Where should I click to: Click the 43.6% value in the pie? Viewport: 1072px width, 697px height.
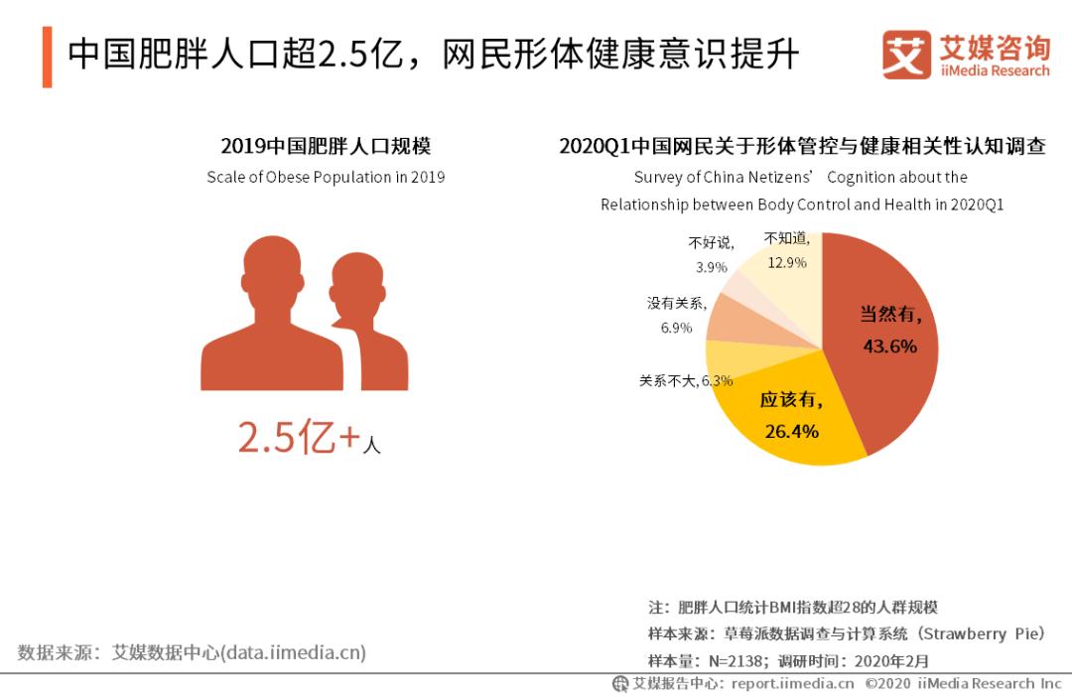coord(889,347)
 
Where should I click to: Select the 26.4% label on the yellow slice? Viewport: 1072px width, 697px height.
coord(791,431)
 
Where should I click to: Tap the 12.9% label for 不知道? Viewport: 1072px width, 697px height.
coord(786,263)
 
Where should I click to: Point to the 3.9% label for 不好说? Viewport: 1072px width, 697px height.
coord(711,267)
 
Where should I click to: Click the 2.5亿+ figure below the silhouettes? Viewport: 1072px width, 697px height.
coord(298,438)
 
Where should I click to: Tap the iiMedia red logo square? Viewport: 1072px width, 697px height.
coord(905,55)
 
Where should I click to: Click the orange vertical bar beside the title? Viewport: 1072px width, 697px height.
coord(47,57)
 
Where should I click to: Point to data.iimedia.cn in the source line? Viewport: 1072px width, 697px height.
coord(293,652)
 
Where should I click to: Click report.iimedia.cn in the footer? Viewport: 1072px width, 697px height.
coord(792,683)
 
